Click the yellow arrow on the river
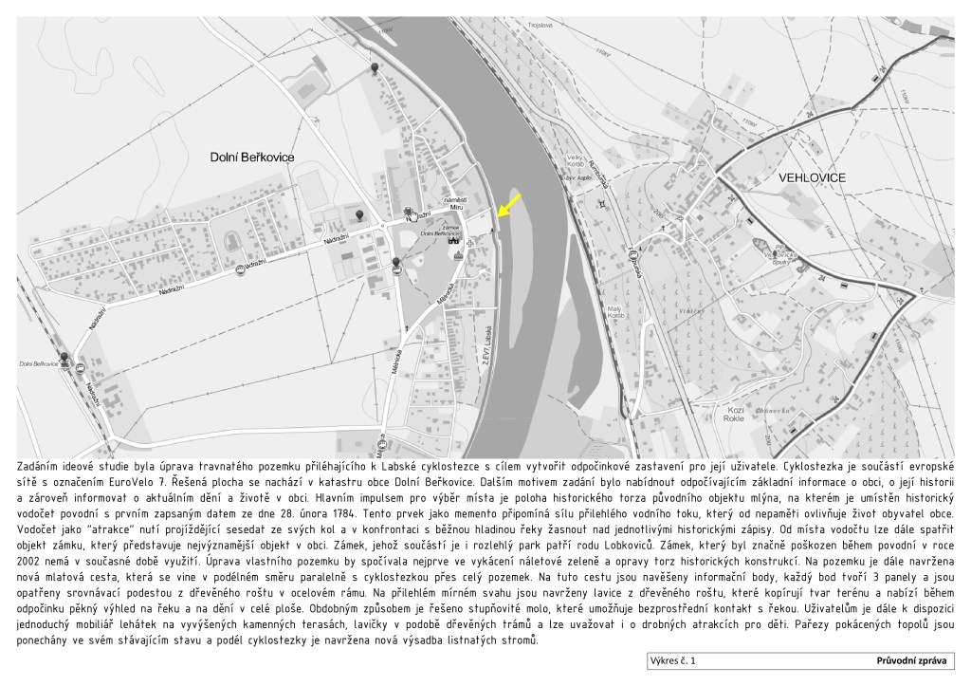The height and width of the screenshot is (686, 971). pyautogui.click(x=508, y=204)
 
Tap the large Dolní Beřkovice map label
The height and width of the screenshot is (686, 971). pyautogui.click(x=252, y=158)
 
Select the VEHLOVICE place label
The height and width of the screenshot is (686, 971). pyautogui.click(x=811, y=177)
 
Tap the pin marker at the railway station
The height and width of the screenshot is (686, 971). pyautogui.click(x=64, y=357)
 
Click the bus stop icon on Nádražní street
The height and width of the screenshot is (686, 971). pyautogui.click(x=239, y=270)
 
